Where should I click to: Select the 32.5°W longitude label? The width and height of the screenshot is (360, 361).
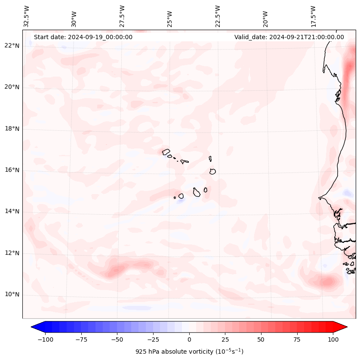coord(27,16)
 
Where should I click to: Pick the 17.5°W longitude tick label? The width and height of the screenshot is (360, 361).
coord(313,16)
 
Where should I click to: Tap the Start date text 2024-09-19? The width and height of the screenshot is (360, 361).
coord(83,37)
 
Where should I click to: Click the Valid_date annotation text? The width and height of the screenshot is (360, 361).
coord(289,37)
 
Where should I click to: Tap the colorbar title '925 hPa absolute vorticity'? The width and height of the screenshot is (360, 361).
coord(189,352)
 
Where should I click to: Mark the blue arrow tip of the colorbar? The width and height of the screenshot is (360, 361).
coord(34,327)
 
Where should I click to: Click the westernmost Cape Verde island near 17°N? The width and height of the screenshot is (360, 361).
coord(166,152)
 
